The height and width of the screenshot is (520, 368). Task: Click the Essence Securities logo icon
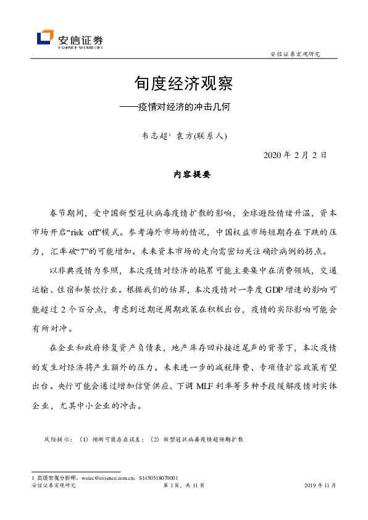tap(45, 38)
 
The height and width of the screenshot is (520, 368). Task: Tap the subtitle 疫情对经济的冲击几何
tap(191, 106)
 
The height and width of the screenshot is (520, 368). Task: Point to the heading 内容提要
tap(192, 175)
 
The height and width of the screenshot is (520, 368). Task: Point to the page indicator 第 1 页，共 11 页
tap(184, 485)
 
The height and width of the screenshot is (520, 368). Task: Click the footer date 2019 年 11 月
tap(320, 485)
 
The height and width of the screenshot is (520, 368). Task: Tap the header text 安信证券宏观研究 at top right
tap(295, 54)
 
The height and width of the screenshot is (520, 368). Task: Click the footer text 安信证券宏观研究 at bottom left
tap(53, 485)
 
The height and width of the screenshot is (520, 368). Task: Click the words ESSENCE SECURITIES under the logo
tap(80, 46)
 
